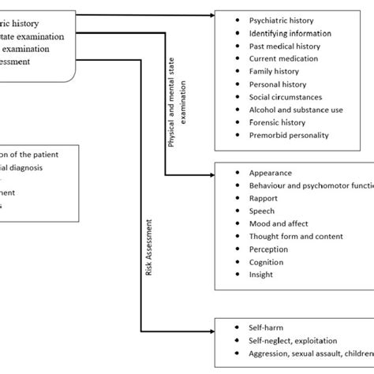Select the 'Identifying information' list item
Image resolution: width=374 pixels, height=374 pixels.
coord(290,33)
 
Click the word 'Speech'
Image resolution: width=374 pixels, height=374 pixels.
coord(264,211)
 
